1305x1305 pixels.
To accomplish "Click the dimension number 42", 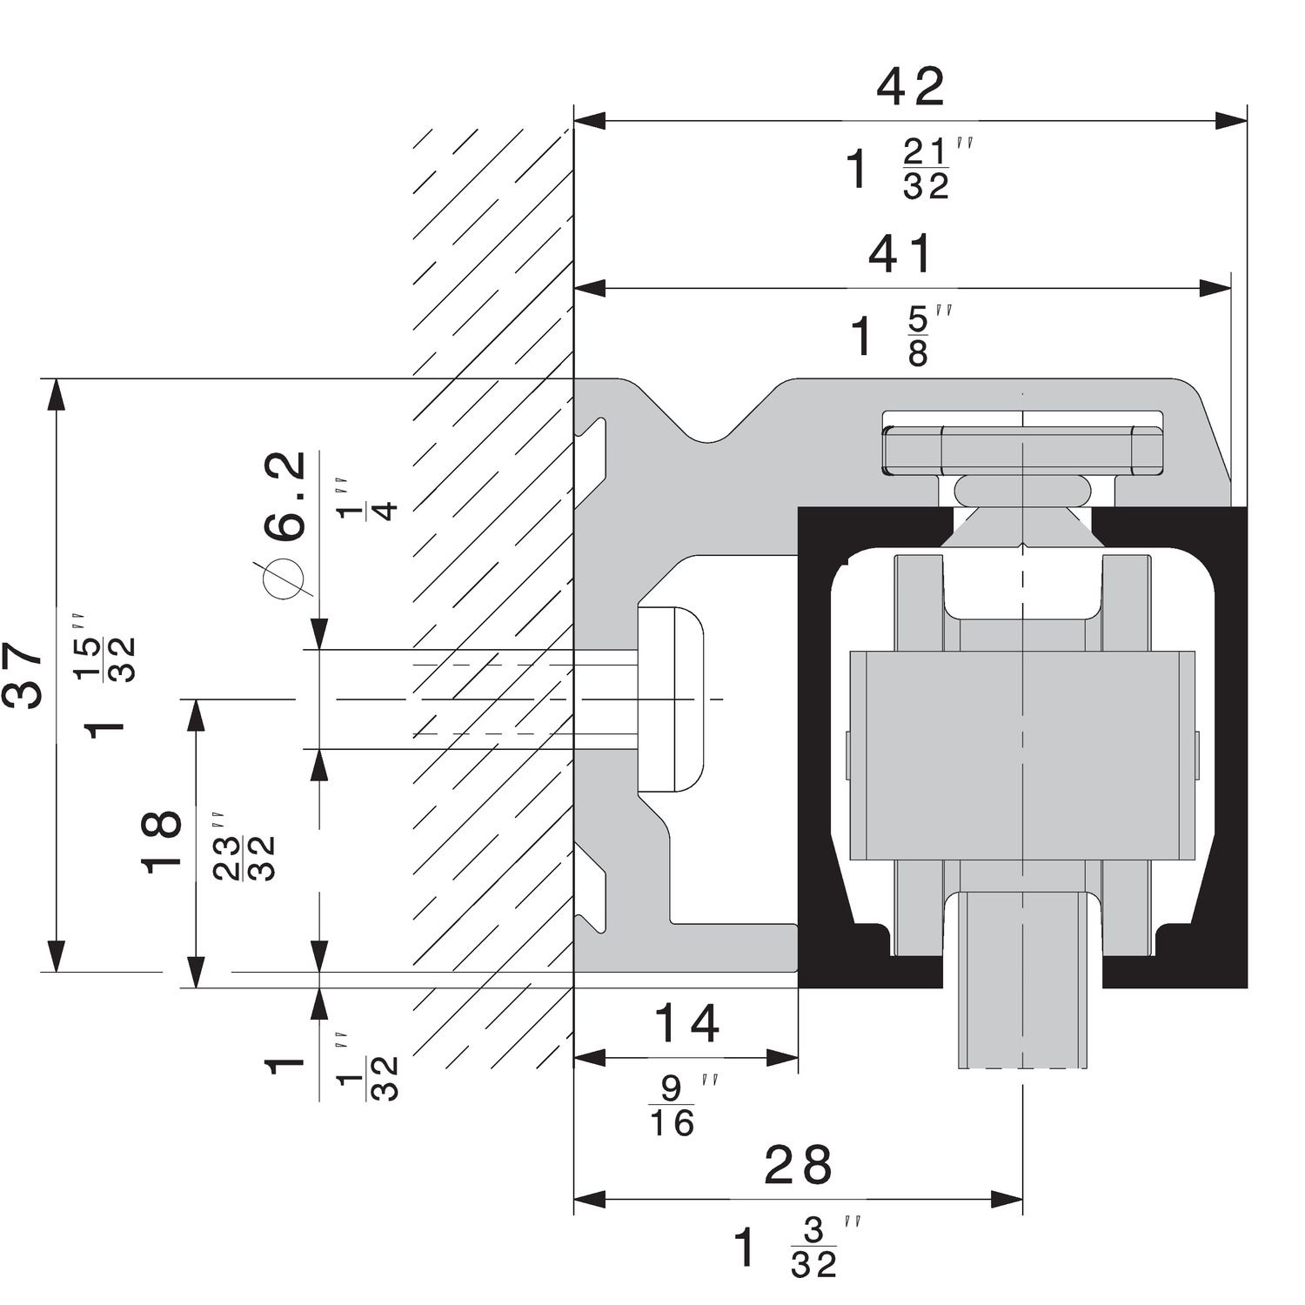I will [910, 87].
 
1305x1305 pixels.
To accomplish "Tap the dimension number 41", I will [900, 254].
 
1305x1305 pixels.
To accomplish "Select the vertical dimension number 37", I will [23, 675].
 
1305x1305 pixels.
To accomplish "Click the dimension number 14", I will [686, 1023].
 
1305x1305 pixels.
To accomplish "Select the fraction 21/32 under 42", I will [926, 171].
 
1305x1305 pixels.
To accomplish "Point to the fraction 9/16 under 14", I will [673, 1107].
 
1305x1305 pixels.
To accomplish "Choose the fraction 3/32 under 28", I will [813, 1248].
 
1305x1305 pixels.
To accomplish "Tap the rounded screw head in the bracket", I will [671, 699].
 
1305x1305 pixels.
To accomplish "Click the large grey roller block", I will [1021, 753].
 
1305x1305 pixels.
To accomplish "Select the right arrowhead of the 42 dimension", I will [1231, 121].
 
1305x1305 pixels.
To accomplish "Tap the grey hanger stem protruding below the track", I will [1021, 1027].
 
